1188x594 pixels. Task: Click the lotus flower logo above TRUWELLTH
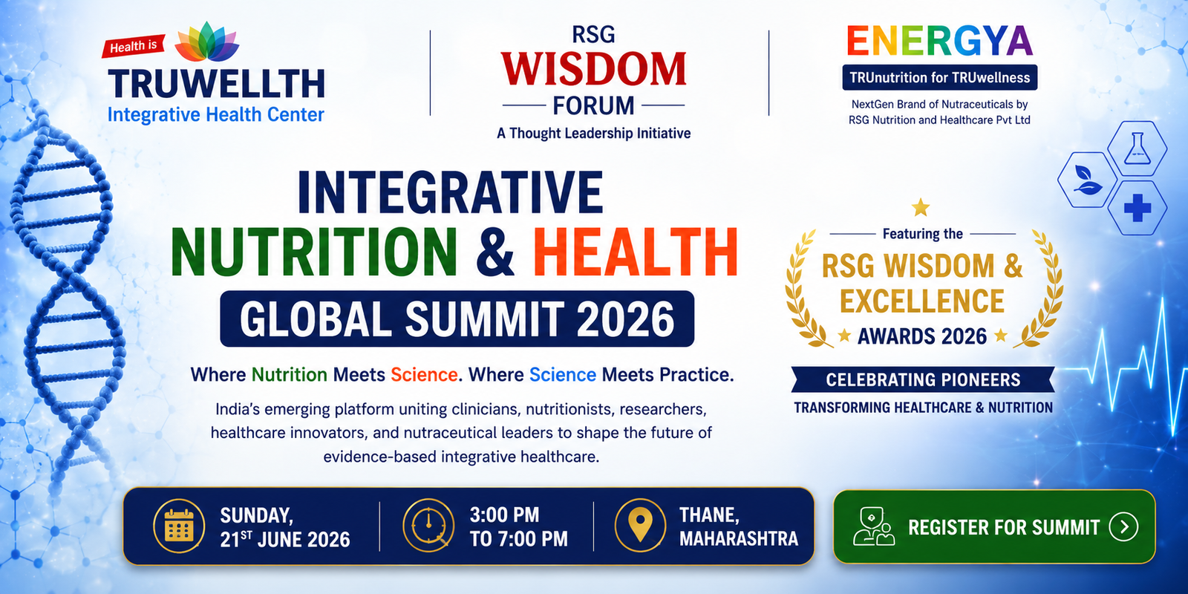(x=207, y=42)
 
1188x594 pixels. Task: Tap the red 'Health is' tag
(x=133, y=46)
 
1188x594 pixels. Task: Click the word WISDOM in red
(x=593, y=70)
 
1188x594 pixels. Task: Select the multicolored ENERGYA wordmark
(x=939, y=41)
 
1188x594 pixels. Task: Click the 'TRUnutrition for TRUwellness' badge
(x=940, y=77)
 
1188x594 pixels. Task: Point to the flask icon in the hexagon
(x=1137, y=148)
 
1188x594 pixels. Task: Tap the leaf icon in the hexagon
(x=1086, y=180)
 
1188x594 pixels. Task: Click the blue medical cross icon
(x=1137, y=208)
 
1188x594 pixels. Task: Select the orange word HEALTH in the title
(x=636, y=252)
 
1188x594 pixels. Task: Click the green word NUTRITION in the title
(x=314, y=252)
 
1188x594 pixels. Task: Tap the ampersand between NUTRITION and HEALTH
(x=495, y=252)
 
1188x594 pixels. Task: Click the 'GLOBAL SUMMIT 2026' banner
(x=457, y=319)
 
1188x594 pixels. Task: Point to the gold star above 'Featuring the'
(x=921, y=207)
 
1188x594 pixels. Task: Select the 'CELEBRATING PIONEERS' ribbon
(x=923, y=379)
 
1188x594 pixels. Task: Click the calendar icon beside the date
(x=179, y=526)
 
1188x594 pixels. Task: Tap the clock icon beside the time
(x=428, y=526)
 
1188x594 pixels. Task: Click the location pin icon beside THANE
(x=641, y=526)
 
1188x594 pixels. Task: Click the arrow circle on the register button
(x=1123, y=526)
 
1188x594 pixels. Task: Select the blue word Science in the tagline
(x=563, y=375)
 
